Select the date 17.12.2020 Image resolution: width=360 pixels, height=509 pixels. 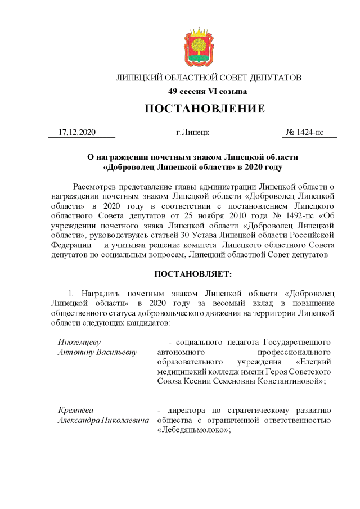77,133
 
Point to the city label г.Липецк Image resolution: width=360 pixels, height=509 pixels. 192,133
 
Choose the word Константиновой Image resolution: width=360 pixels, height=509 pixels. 289,381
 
